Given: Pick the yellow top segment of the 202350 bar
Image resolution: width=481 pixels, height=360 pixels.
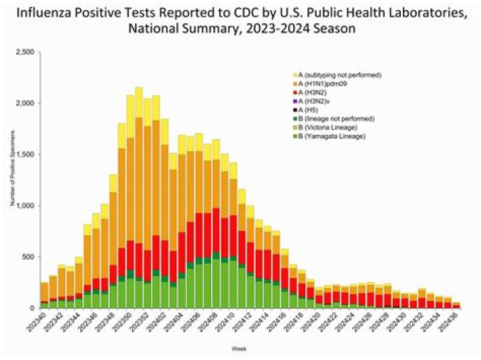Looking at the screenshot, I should tap(139, 107).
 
